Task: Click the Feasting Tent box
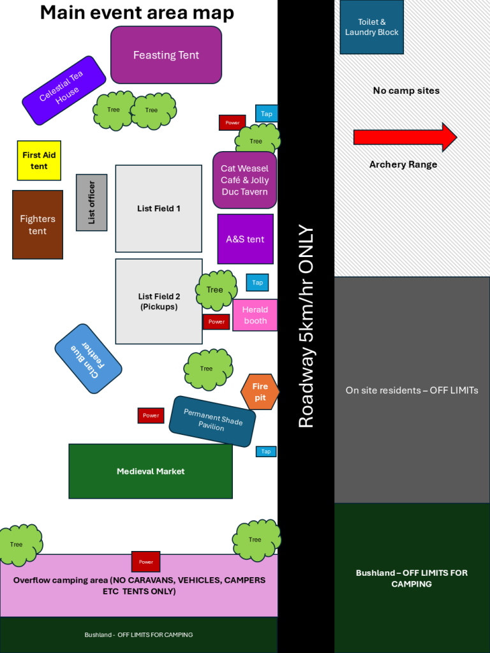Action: pyautogui.click(x=166, y=55)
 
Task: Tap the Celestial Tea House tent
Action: pyautogui.click(x=64, y=91)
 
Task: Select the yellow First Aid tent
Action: pyautogui.click(x=39, y=161)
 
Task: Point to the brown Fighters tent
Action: pyautogui.click(x=38, y=224)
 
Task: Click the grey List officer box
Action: pyautogui.click(x=91, y=202)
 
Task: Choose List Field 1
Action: pyautogui.click(x=159, y=209)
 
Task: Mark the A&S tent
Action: pyautogui.click(x=245, y=239)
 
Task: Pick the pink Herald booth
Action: pyautogui.click(x=255, y=315)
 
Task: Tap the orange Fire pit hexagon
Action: pyautogui.click(x=260, y=392)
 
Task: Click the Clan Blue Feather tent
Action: pyautogui.click(x=88, y=359)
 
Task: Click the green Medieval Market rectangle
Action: pyautogui.click(x=151, y=471)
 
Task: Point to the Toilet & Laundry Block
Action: pyautogui.click(x=371, y=27)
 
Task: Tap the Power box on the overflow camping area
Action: pyautogui.click(x=146, y=562)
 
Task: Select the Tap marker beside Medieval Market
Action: pyautogui.click(x=266, y=451)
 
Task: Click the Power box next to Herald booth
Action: pyautogui.click(x=216, y=321)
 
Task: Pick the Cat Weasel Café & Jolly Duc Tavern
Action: pyautogui.click(x=244, y=180)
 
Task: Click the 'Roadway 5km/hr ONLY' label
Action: pyautogui.click(x=306, y=326)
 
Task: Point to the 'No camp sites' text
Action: pyautogui.click(x=406, y=91)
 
